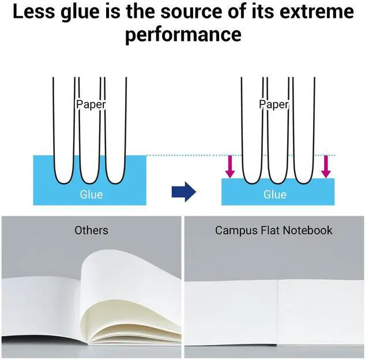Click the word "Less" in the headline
(x=33, y=12)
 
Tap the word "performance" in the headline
(x=183, y=35)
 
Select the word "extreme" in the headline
(x=317, y=12)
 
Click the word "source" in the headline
(x=191, y=12)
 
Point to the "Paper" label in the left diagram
(x=91, y=104)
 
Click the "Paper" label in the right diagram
(x=274, y=104)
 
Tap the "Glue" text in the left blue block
(x=91, y=194)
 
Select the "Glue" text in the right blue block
(x=275, y=194)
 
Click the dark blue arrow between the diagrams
(x=184, y=192)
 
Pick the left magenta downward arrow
(x=230, y=167)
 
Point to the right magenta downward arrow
(x=326, y=167)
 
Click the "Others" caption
(x=91, y=230)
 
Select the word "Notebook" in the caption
(x=307, y=230)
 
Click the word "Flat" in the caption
(x=270, y=230)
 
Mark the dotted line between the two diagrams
(x=241, y=155)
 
